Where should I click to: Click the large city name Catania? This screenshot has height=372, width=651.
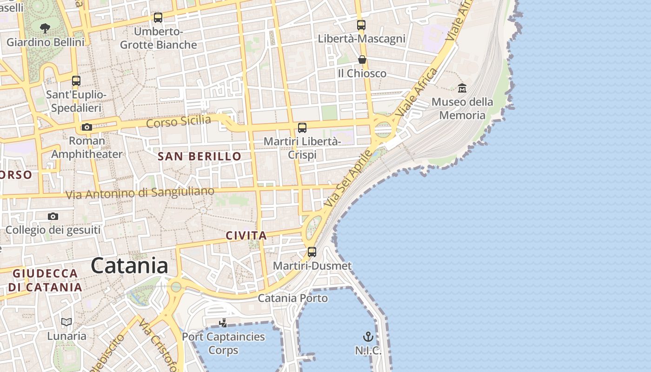129,266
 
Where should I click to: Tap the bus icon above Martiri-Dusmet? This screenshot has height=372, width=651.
312,252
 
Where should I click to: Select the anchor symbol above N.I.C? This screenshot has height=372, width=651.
368,336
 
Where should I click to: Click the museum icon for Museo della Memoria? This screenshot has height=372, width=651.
462,87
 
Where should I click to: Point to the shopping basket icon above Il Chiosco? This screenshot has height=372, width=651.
362,60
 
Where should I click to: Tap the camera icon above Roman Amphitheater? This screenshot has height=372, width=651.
86,127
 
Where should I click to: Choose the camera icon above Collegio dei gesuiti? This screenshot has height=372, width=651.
53,216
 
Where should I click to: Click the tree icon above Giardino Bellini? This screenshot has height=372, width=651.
45,28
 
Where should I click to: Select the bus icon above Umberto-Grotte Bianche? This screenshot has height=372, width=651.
158,18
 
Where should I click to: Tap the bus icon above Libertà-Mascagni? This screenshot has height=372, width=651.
361,25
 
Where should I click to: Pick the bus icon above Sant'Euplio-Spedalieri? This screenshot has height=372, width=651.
76,81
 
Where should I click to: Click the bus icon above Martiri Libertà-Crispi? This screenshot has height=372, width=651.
302,127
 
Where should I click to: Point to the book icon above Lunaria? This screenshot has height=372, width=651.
66,322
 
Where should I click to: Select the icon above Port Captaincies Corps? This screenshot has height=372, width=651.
223,323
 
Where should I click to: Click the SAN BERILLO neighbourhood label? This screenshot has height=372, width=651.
199,156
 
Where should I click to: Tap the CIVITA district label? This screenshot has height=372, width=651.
246,236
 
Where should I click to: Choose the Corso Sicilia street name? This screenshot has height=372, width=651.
178,122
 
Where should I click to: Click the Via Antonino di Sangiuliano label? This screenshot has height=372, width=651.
140,193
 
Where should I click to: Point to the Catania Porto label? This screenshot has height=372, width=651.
293,298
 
